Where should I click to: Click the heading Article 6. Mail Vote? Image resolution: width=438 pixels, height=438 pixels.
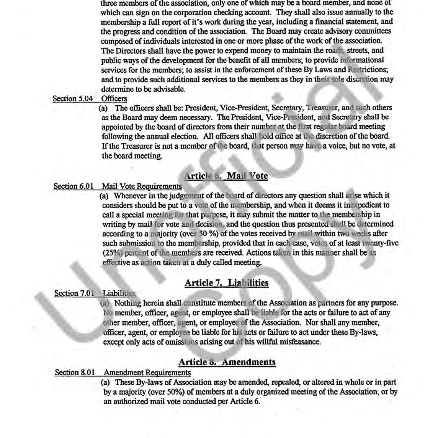[226, 176]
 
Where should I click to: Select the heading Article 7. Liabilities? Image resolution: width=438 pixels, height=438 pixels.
[226, 283]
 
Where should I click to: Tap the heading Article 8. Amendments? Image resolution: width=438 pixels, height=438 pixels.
[227, 362]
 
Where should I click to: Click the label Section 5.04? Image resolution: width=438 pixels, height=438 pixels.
[72, 99]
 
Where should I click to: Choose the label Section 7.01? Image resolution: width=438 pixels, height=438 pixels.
[74, 293]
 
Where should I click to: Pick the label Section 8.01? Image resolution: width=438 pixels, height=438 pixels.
[75, 373]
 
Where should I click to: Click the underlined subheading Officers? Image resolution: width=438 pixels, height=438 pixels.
[114, 99]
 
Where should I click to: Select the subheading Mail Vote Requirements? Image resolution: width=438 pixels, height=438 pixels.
[142, 186]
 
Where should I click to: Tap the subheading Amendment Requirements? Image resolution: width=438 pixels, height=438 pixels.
[147, 373]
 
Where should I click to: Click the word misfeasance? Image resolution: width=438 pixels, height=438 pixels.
[299, 342]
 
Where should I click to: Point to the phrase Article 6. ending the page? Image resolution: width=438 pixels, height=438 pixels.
[245, 402]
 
